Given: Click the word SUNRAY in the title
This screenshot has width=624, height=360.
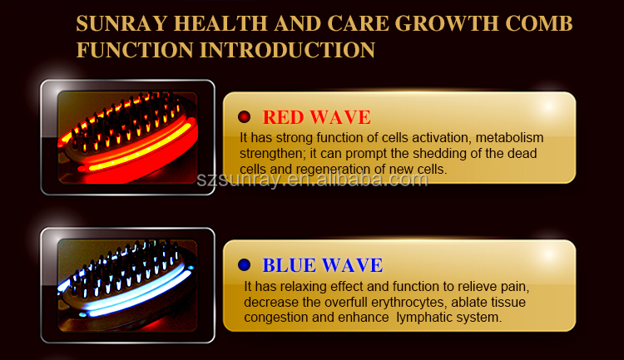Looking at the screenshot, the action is (121, 23).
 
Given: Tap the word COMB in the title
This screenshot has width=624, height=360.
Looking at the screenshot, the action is (539, 23).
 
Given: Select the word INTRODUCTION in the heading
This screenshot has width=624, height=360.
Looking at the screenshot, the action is (287, 50).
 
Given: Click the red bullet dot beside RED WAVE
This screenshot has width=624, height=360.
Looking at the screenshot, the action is (244, 117).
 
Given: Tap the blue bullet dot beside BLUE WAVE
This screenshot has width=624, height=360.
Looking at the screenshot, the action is (244, 265).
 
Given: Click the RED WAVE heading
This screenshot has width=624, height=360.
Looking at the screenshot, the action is (316, 117).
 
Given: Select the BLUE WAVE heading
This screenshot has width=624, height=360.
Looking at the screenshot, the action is (322, 265).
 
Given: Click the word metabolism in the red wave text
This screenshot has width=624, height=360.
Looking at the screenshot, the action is (509, 138).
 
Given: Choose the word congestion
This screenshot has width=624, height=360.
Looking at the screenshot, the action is (276, 318).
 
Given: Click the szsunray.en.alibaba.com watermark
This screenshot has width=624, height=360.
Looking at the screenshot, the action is (312, 180).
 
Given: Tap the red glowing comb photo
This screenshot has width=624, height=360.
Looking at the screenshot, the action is (127, 138).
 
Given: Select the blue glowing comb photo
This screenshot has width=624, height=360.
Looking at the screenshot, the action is (127, 285).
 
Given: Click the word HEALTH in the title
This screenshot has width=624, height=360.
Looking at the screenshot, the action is (220, 23).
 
